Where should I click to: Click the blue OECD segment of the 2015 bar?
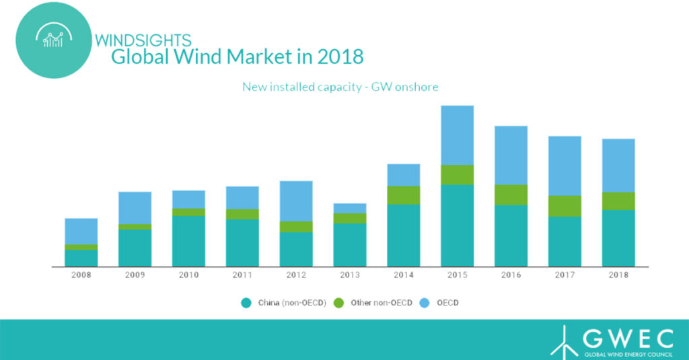[x=457, y=135]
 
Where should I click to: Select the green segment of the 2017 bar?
[x=565, y=206]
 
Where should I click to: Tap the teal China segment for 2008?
[x=81, y=258]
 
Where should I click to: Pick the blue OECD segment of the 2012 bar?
[x=296, y=201]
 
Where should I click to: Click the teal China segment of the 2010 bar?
[x=188, y=241]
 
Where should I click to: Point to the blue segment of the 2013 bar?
[x=350, y=208]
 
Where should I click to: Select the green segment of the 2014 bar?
[x=404, y=195]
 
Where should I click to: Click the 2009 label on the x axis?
[x=135, y=275]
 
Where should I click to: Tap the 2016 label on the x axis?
[x=511, y=275]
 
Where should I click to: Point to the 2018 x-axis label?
[x=618, y=275]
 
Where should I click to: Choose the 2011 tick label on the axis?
[x=242, y=275]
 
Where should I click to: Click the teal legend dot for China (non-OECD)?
[x=246, y=303]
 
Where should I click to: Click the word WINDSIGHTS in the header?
[x=143, y=41]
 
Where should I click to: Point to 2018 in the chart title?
[x=337, y=57]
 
